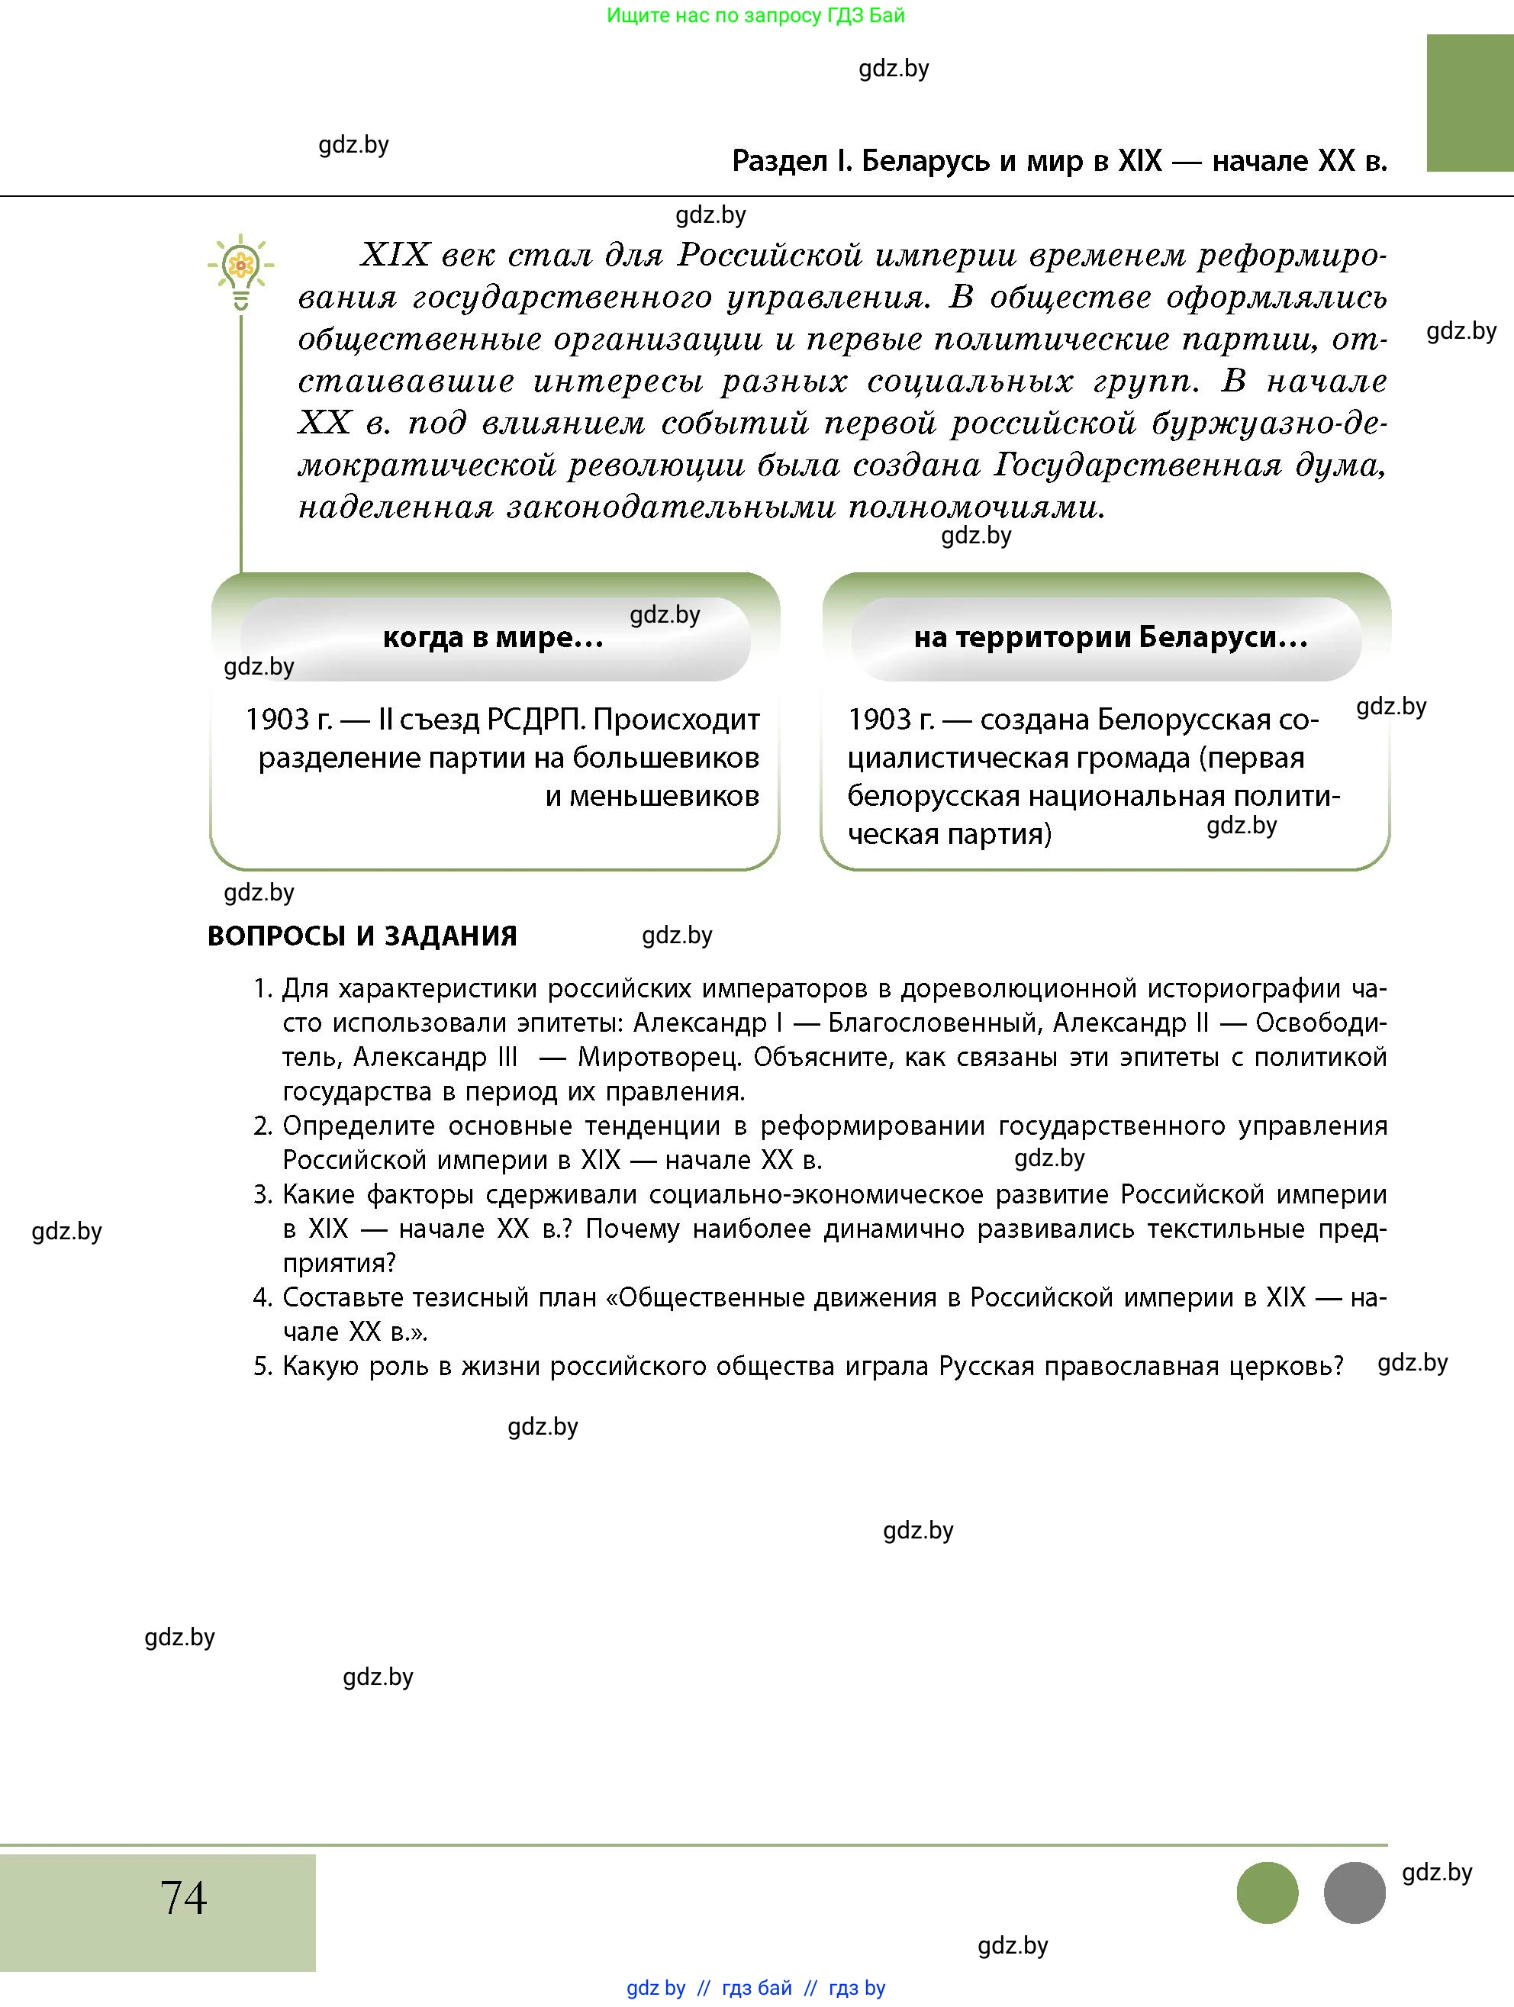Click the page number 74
pos(183,1897)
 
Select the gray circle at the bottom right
pos(1354,1893)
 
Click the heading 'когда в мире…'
pos(494,638)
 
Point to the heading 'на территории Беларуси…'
pos(1110,638)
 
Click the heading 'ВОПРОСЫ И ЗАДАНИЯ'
pos(362,936)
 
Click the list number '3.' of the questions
pos(263,1195)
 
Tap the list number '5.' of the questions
pos(263,1367)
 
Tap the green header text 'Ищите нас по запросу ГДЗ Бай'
pos(755,15)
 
